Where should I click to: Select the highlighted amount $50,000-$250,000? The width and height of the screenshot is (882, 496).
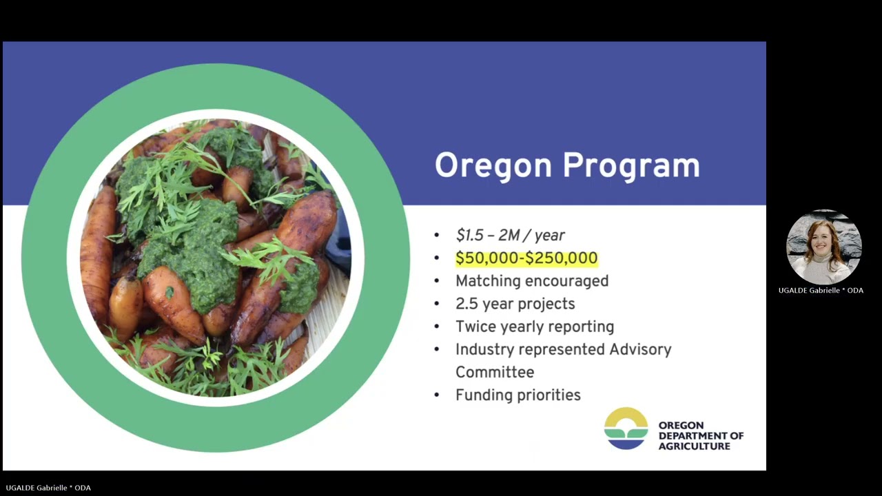pos(526,258)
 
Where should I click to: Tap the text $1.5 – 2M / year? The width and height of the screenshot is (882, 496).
pos(510,236)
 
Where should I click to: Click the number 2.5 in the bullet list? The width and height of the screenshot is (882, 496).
pos(469,304)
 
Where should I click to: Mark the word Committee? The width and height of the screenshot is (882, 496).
pos(495,372)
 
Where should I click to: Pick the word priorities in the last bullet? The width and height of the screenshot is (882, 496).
pos(546,395)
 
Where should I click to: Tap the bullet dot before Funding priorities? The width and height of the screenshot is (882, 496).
pos(437,395)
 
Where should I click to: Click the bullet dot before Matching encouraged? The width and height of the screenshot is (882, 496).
pos(437,281)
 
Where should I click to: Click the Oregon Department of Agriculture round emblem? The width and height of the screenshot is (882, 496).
pos(626,428)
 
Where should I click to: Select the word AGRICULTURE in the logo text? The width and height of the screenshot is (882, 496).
pos(694,446)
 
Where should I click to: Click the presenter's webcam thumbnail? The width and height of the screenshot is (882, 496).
pos(823,247)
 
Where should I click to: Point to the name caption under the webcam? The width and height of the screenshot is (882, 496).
pos(821,291)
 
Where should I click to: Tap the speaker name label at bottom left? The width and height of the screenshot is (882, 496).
pos(48,488)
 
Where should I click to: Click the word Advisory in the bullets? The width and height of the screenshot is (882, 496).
pos(640,349)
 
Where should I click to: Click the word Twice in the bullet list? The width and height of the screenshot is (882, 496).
pos(476,327)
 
